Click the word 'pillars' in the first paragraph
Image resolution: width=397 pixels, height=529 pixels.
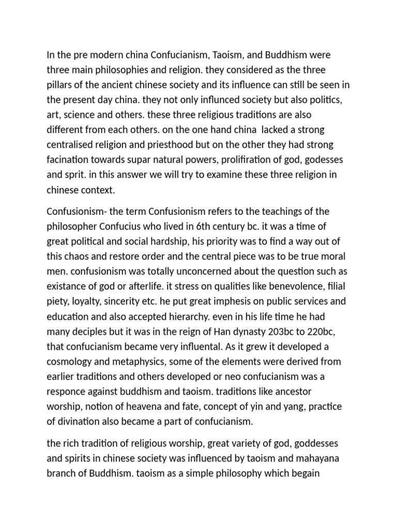click(60, 84)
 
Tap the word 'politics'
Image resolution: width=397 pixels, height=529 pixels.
click(332, 99)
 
